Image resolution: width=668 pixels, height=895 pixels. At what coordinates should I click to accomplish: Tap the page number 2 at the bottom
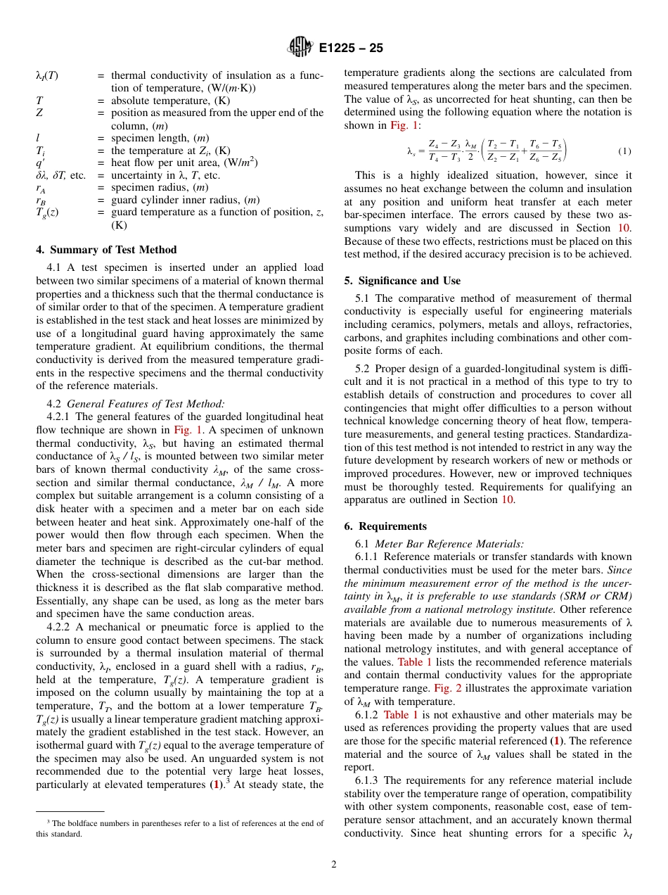pos(334,865)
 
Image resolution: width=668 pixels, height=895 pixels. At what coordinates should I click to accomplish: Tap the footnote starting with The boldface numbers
pos(180,828)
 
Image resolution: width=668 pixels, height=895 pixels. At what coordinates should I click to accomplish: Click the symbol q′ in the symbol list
pos(40,163)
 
